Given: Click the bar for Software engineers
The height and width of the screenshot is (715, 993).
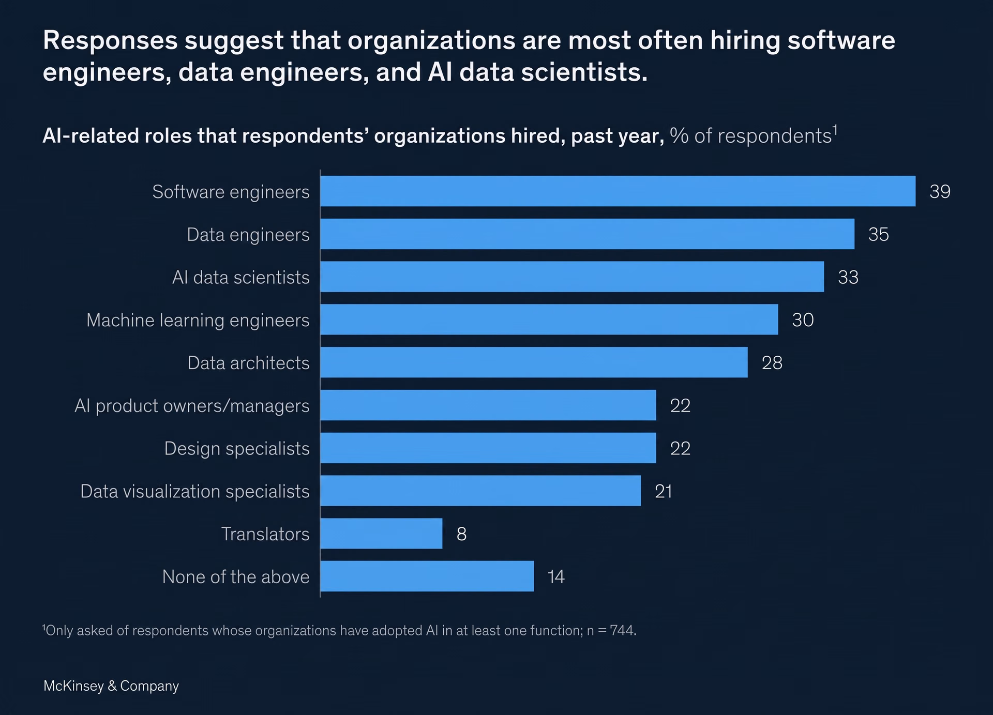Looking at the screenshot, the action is [x=618, y=191].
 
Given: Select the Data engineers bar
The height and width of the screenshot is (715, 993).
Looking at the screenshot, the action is [x=587, y=234].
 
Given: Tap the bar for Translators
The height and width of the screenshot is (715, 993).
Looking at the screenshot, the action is [x=381, y=534].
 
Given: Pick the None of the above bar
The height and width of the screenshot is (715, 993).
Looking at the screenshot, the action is [x=427, y=576].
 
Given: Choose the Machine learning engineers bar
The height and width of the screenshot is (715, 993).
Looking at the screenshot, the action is [x=549, y=320].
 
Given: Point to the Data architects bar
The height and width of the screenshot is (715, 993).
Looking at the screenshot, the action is [x=534, y=362].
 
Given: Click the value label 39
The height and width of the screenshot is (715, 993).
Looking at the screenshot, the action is [x=940, y=192].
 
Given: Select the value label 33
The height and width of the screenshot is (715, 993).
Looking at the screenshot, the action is [x=848, y=278].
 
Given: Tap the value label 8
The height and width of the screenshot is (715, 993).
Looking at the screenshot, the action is [x=461, y=534].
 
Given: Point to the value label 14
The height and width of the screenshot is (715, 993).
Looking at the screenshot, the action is [x=556, y=577].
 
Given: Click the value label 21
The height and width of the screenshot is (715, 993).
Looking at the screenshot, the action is [x=664, y=491].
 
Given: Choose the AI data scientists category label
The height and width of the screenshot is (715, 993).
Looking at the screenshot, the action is [x=241, y=278].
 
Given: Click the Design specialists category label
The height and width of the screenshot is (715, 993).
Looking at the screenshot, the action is [x=237, y=449].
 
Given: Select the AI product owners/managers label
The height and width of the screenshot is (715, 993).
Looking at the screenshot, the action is [x=192, y=406].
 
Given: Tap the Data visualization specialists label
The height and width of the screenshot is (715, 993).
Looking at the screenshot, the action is [x=195, y=492].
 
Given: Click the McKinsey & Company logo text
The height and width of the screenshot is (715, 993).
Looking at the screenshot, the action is [x=111, y=686].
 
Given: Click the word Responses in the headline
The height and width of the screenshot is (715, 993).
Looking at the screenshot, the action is [x=110, y=41].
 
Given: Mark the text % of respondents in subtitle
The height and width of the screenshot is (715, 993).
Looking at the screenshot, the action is [x=750, y=136].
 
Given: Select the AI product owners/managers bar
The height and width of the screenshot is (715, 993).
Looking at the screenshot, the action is [x=488, y=405].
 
